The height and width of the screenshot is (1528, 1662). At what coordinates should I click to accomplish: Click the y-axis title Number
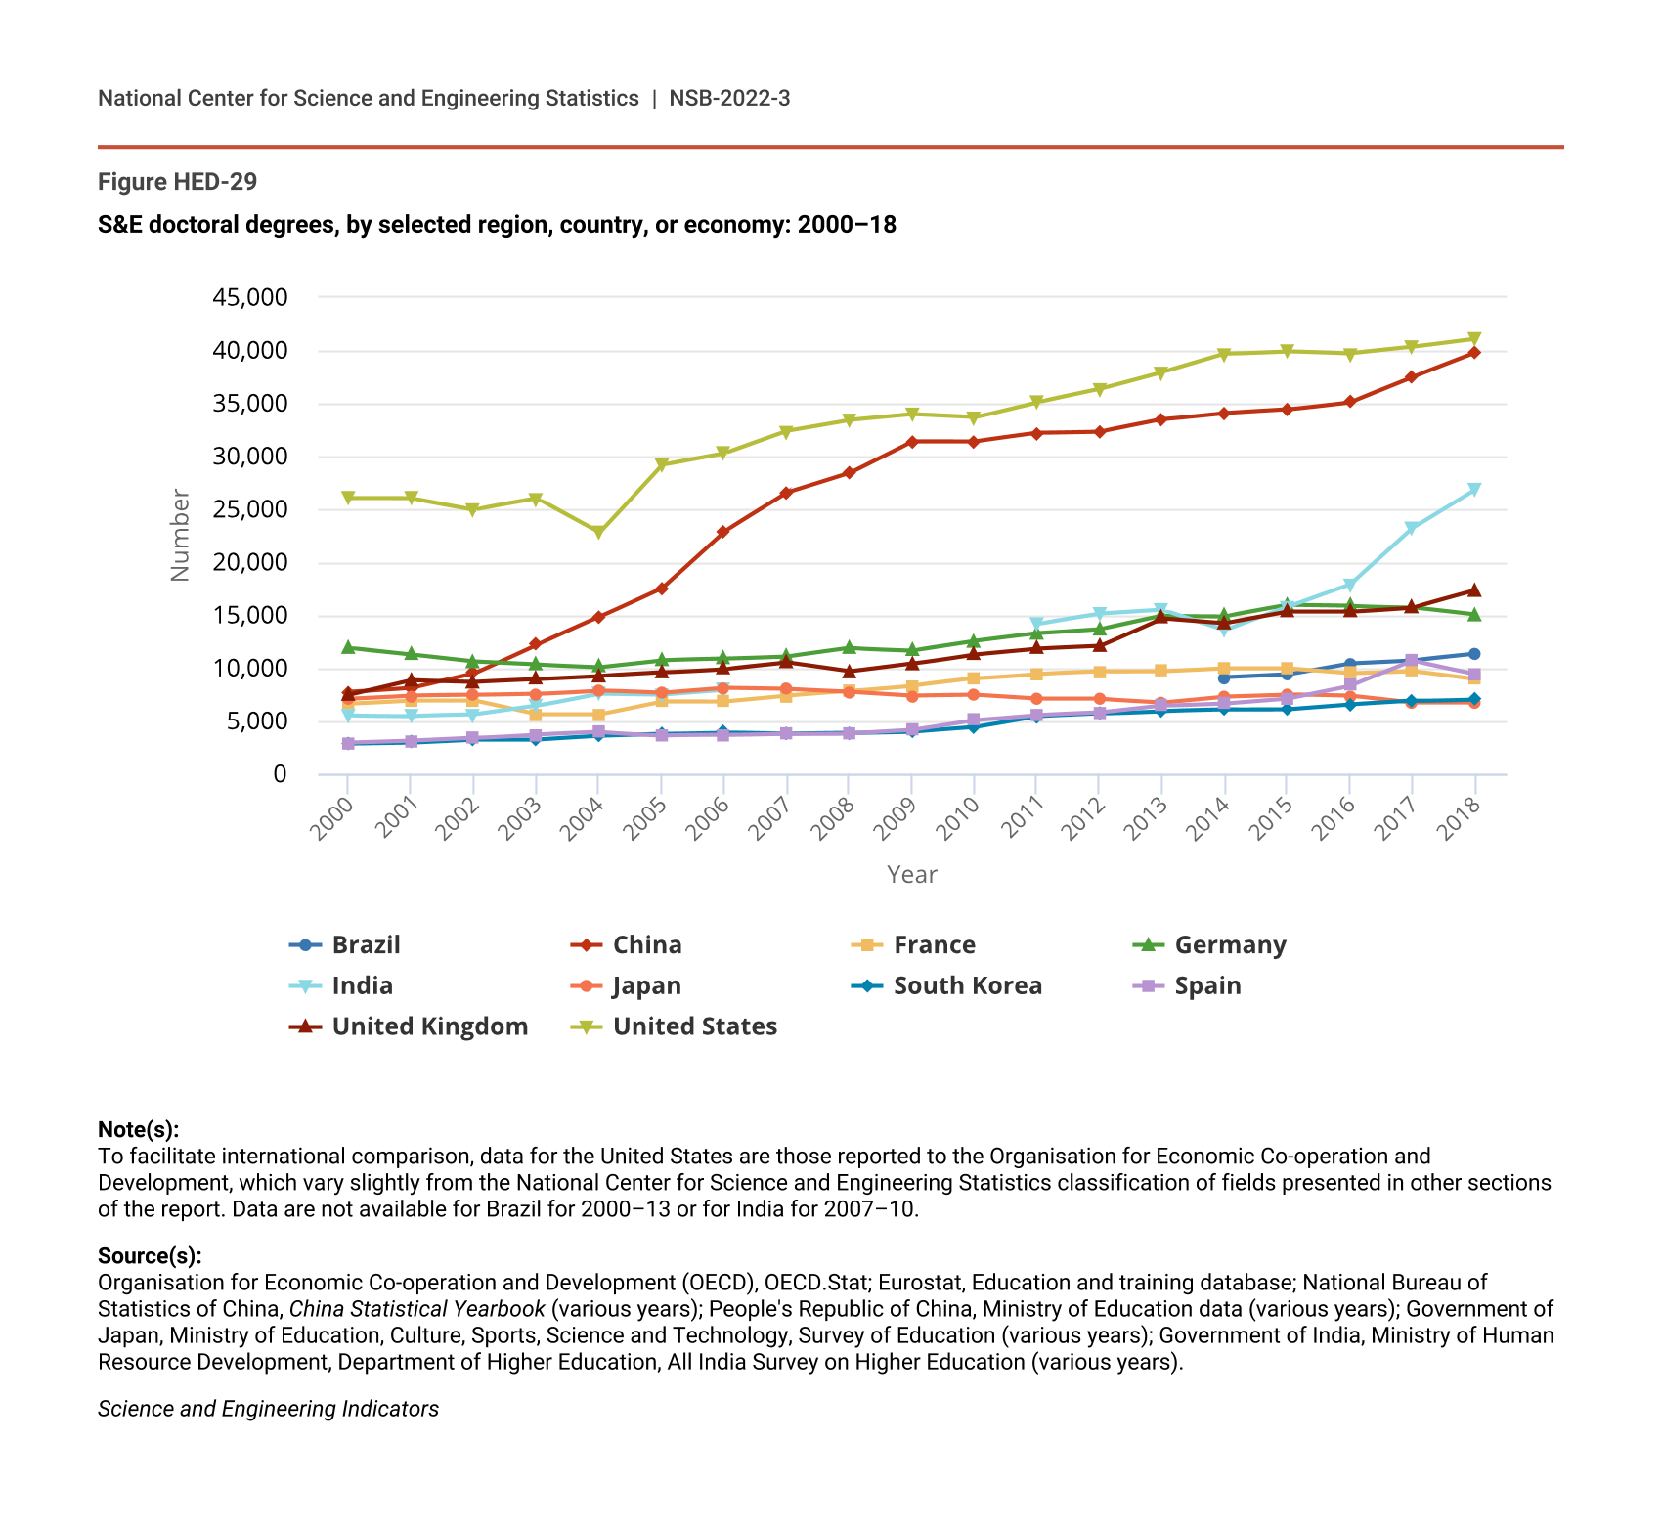180,535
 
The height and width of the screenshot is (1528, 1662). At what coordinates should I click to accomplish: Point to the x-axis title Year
912,875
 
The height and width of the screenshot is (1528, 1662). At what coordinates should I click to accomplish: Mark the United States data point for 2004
598,533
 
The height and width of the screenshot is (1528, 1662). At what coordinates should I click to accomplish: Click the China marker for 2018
1474,353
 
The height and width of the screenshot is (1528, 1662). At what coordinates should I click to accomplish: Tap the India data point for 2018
1474,490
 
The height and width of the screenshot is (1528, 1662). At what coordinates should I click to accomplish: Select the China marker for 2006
723,532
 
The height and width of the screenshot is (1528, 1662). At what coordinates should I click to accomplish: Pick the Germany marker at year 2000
348,647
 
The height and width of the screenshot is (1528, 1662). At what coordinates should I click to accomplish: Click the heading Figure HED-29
178,182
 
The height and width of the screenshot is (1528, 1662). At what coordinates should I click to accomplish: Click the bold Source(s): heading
150,1256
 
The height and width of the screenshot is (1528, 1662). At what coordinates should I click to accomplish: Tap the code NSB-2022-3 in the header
729,98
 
